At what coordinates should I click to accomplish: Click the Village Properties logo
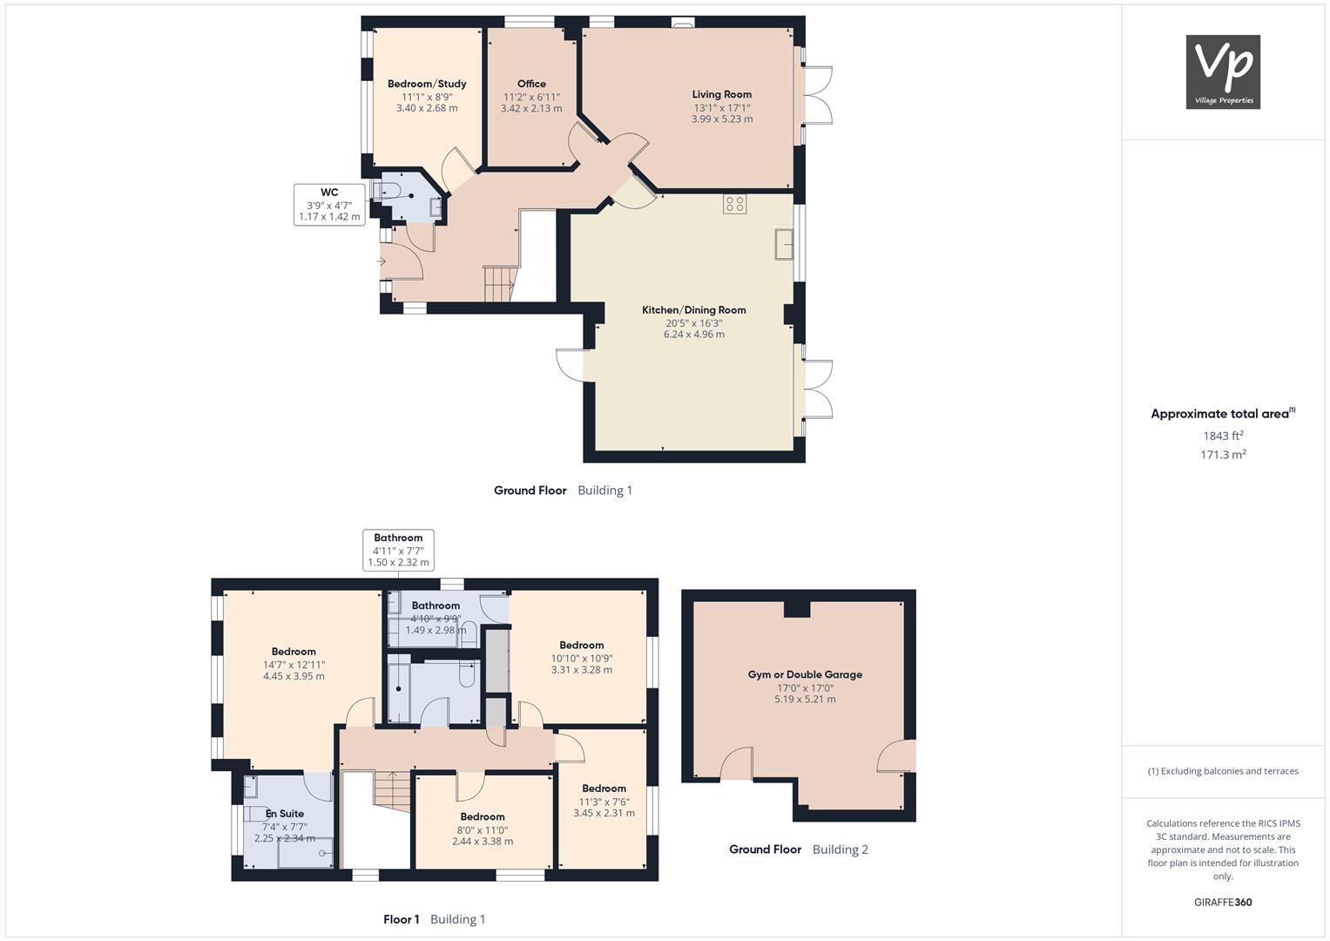pyautogui.click(x=1223, y=71)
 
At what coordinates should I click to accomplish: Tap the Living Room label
pyautogui.click(x=721, y=94)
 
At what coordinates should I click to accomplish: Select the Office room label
pyautogui.click(x=531, y=84)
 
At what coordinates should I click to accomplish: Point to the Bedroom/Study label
pyautogui.click(x=427, y=84)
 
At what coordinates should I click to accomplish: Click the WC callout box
pyautogui.click(x=329, y=205)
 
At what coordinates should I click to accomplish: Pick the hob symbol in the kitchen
pyautogui.click(x=734, y=205)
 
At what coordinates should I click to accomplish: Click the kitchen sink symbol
pyautogui.click(x=784, y=244)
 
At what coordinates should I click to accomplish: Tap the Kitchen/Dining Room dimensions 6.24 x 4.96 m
pyautogui.click(x=694, y=335)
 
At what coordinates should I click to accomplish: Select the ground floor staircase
pyautogui.click(x=499, y=285)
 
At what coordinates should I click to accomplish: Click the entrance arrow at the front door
pyautogui.click(x=381, y=261)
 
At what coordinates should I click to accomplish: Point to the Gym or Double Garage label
pyautogui.click(x=805, y=674)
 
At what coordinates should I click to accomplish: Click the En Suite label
pyautogui.click(x=285, y=814)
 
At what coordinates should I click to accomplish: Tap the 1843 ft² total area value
pyautogui.click(x=1223, y=436)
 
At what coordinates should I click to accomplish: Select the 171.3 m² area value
pyautogui.click(x=1223, y=455)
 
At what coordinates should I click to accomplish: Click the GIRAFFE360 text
pyautogui.click(x=1223, y=903)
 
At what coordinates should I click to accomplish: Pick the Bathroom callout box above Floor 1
pyautogui.click(x=398, y=550)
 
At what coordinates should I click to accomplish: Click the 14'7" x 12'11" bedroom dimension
pyautogui.click(x=294, y=665)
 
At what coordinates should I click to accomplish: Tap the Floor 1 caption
pyautogui.click(x=402, y=919)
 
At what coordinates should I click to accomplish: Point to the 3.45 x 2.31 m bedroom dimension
pyautogui.click(x=604, y=813)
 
